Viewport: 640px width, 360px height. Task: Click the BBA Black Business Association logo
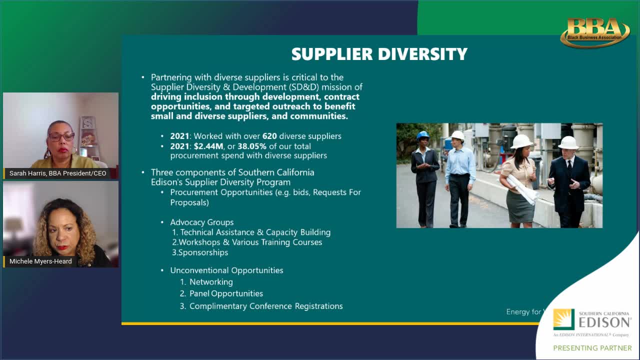coord(595,33)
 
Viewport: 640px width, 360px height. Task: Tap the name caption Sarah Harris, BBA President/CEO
coord(57,173)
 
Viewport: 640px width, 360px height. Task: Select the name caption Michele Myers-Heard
coord(40,261)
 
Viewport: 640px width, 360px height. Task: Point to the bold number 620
coord(269,136)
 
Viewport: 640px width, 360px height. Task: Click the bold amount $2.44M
coord(208,146)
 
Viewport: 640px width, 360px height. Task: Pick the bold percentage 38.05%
coord(251,146)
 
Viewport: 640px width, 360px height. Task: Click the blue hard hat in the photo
coord(423,135)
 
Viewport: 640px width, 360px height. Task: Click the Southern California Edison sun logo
coord(563,319)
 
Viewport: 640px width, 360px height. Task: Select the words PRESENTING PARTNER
coord(592,348)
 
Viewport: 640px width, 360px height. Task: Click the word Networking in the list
coord(211,282)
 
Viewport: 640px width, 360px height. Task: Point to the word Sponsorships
coord(203,252)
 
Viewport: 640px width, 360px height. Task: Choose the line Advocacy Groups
coord(201,222)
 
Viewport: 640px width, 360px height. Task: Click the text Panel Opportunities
coord(226,293)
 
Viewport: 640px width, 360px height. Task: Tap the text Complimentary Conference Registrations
coord(266,306)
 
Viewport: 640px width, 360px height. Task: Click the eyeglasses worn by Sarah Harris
coord(61,136)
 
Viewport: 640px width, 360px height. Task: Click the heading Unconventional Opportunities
coord(226,270)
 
